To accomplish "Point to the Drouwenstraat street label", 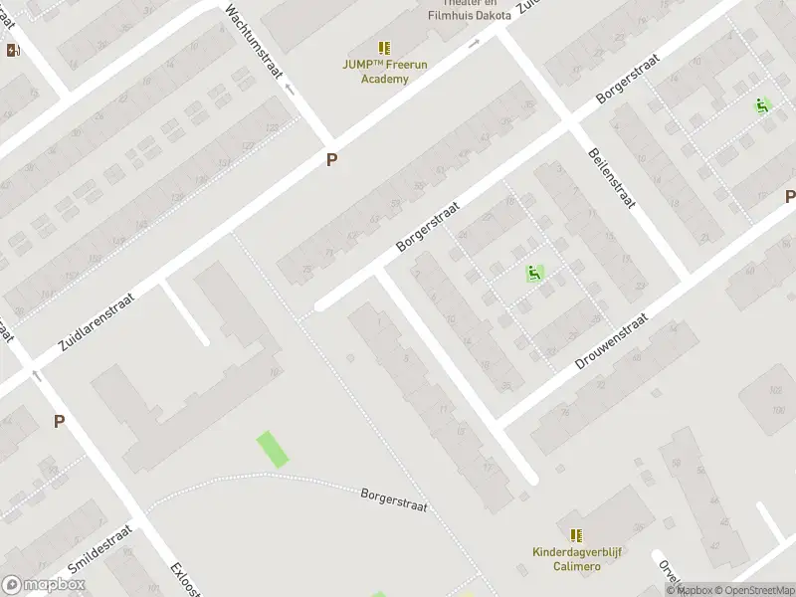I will point(612,342).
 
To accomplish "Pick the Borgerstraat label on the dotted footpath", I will point(394,498).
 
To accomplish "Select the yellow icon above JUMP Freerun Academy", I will point(384,48).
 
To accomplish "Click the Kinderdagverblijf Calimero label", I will point(576,559).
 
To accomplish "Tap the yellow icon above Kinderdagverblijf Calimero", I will point(576,535).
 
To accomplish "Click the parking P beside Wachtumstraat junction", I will point(331,159).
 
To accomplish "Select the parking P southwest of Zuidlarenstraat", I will point(59,421).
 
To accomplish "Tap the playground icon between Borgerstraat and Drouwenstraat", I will point(534,273).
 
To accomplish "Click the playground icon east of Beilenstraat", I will point(763,105).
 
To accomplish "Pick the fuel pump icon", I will point(13,50).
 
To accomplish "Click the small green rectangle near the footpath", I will point(272,449).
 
